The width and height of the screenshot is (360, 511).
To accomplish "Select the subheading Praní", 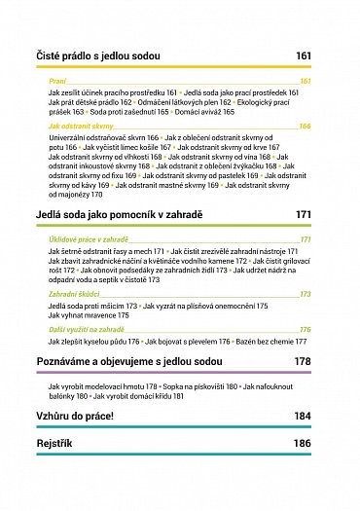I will [x=56, y=81].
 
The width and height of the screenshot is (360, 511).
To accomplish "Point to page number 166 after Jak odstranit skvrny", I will [x=305, y=127].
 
